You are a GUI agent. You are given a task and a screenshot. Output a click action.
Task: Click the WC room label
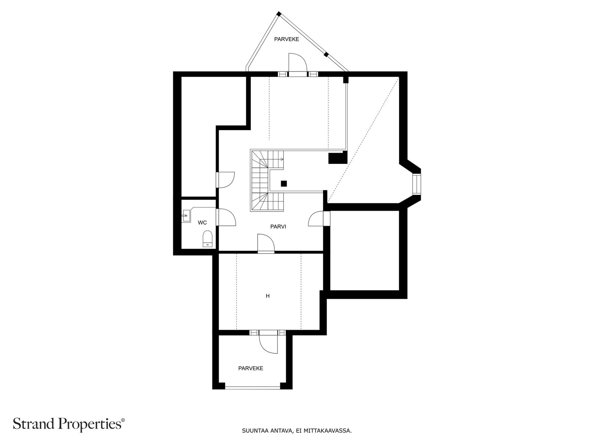[202, 223]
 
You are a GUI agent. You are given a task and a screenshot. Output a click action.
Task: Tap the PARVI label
[278, 227]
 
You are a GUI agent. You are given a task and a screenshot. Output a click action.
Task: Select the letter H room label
[268, 296]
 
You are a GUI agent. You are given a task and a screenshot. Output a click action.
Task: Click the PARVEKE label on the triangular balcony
[287, 39]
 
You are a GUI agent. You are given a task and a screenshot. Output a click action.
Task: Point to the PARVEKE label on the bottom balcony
[251, 368]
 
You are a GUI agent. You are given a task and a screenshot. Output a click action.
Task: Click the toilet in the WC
[207, 239]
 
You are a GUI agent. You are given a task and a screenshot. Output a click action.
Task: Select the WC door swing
[226, 217]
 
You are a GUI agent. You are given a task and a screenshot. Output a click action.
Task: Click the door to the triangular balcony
[297, 63]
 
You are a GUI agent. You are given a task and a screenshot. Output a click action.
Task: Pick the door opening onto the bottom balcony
[268, 343]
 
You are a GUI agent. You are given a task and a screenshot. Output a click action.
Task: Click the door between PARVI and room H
[266, 243]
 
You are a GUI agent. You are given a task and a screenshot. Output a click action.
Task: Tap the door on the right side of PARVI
[316, 218]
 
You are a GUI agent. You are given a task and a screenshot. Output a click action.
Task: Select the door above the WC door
[225, 180]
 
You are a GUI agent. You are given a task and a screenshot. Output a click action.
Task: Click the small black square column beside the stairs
[284, 184]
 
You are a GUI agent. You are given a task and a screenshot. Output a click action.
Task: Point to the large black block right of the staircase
[338, 158]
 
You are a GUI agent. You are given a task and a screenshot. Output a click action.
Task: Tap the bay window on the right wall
[417, 185]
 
